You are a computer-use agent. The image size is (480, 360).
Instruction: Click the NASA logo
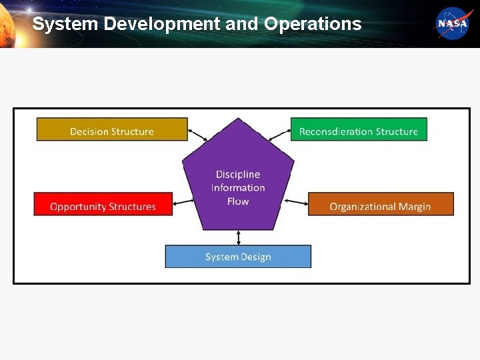click(x=453, y=23)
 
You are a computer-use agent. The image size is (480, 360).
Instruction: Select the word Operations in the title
click(x=313, y=25)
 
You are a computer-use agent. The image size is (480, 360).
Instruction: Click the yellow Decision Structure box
click(x=112, y=130)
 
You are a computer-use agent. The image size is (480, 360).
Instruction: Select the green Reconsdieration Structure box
click(x=359, y=130)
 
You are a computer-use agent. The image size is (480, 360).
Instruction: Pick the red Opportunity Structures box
click(x=103, y=204)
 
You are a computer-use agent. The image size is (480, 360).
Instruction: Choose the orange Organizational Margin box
click(x=380, y=204)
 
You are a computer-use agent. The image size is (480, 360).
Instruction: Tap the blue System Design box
click(x=238, y=257)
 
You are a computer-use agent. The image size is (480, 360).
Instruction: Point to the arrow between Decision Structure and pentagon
click(x=198, y=135)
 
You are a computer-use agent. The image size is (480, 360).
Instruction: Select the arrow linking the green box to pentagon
click(x=279, y=135)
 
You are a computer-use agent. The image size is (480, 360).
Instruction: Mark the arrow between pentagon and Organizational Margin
click(x=296, y=201)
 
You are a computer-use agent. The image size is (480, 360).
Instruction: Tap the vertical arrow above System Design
click(x=239, y=237)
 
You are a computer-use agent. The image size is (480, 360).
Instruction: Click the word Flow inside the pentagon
click(x=238, y=201)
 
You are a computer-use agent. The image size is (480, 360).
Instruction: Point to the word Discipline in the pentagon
click(x=238, y=175)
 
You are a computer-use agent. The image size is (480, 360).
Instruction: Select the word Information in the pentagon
click(x=238, y=188)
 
